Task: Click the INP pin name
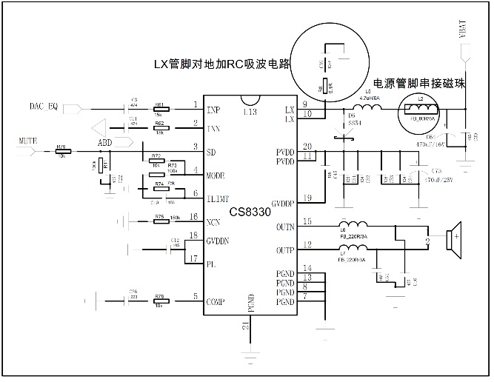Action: point(213,110)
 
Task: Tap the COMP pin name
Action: point(216,301)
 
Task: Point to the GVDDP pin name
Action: point(284,202)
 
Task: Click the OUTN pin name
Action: point(284,227)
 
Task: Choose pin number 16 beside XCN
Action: point(193,217)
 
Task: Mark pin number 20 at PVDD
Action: point(307,146)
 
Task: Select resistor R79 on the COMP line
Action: point(160,301)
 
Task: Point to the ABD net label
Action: point(106,143)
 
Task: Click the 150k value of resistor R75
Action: point(175,218)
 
